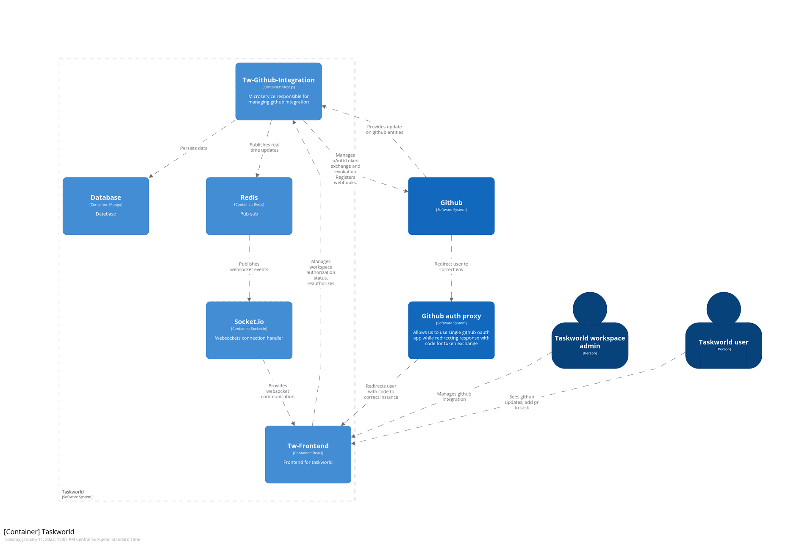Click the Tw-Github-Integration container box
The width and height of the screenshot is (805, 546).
pos(278,91)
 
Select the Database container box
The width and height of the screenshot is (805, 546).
pos(105,206)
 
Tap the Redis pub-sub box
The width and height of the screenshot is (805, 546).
pos(249,206)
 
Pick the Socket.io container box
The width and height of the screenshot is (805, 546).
pos(249,330)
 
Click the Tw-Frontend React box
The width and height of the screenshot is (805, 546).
pos(308,454)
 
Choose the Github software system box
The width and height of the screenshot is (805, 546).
pos(451,206)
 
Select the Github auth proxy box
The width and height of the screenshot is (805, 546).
pos(451,330)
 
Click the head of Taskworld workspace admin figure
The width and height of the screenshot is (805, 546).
pos(589,308)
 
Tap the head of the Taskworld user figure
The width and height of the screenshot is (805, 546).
pos(723,308)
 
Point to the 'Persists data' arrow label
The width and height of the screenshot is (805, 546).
pos(194,148)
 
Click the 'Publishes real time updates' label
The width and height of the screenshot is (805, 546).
pos(264,147)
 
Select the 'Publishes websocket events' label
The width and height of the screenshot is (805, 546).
pos(249,266)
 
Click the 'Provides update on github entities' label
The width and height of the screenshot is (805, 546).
pos(384,130)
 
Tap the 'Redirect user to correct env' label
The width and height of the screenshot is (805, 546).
pos(451,266)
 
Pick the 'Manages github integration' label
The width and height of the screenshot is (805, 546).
pos(454,396)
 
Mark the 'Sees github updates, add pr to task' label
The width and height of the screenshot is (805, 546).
pos(521,402)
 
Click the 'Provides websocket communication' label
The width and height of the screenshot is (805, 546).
pos(278,391)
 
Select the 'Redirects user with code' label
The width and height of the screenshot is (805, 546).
pos(381,391)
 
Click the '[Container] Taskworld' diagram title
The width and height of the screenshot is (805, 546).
pos(39,532)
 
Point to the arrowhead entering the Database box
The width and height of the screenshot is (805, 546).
pos(151,175)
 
